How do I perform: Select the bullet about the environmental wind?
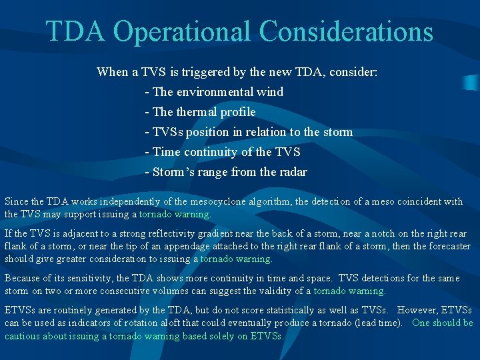pos(214,92)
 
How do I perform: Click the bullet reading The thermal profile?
pos(200,112)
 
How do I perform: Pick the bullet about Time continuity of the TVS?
pos(222,152)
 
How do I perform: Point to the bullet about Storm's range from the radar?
pos(226,172)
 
